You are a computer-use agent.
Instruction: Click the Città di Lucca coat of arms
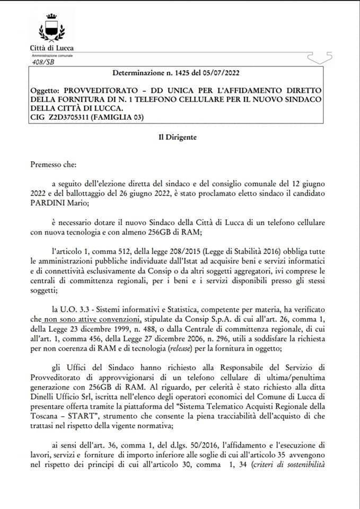point(51,28)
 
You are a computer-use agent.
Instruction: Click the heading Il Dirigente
point(177,137)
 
